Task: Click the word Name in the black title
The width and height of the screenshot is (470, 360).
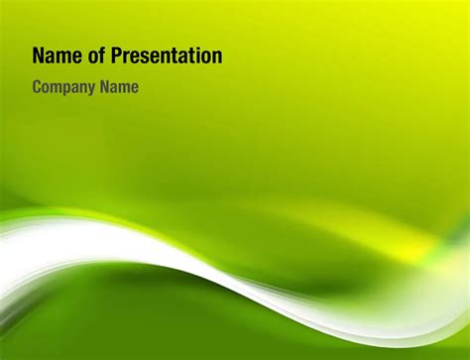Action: (54, 57)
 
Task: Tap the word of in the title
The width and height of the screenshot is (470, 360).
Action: (89, 57)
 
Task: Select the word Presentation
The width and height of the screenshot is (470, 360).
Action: (163, 57)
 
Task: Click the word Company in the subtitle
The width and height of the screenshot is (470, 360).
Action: (65, 87)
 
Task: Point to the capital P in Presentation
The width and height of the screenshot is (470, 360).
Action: (109, 57)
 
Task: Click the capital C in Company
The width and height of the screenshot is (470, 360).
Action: (38, 87)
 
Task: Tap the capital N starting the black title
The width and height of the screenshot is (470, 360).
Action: (39, 57)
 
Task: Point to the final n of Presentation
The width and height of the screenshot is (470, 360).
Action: (216, 58)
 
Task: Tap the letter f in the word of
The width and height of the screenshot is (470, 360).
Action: (95, 57)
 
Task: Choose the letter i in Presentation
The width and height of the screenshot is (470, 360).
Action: (193, 57)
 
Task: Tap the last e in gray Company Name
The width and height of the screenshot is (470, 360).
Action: (134, 88)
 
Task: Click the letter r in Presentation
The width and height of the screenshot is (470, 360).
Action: (119, 58)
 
